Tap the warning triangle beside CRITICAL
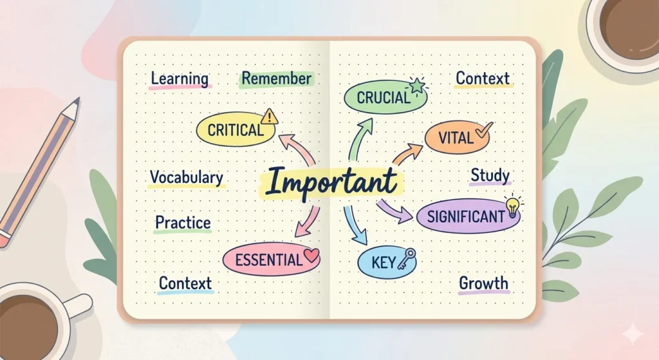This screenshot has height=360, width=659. (270, 117)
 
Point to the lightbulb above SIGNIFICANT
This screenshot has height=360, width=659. (512, 205)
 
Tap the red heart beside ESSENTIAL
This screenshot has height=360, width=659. (311, 256)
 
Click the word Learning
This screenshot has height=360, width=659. (180, 79)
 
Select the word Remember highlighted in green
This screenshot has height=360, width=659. (277, 79)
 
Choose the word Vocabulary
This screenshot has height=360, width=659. (187, 178)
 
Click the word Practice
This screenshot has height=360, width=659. (183, 223)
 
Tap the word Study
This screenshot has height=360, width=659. (490, 175)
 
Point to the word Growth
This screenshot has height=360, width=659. (483, 283)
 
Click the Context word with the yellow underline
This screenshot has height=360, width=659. (483, 79)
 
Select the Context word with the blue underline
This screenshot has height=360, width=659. (185, 283)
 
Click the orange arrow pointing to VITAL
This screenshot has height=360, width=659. (404, 155)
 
